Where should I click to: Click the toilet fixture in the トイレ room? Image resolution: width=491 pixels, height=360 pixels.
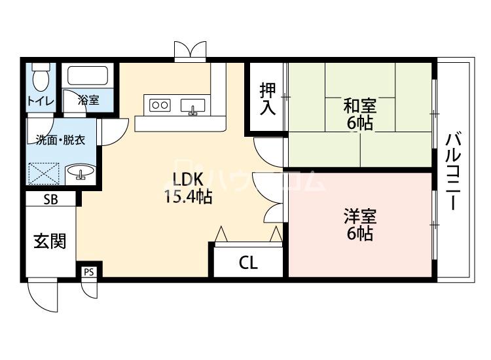pos(41,77)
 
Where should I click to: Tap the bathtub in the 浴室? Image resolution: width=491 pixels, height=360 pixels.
pos(88,75)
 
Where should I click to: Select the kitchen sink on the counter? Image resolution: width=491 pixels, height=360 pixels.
pos(192,105)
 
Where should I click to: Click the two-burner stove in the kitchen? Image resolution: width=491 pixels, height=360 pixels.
pos(160,105)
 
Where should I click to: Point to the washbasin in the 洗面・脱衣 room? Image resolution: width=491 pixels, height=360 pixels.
pos(81,172)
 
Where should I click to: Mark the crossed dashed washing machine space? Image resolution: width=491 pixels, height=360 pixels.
pos(43,173)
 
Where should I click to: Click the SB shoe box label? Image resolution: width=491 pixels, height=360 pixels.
pos(50,200)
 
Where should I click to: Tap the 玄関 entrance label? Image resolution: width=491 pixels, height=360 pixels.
pos(50,241)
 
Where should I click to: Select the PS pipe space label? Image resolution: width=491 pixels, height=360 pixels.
pos(88,272)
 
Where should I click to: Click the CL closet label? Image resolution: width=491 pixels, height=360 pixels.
pos(248,262)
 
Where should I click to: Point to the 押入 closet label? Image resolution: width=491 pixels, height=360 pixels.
pos(268,98)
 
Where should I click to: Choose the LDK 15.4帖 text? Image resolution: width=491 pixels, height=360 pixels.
pos(189,189)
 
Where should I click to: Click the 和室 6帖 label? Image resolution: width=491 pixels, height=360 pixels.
pos(360,114)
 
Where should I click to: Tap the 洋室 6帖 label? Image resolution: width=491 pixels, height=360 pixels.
pos(360,224)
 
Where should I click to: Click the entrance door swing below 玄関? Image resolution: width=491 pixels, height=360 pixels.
pos(43,295)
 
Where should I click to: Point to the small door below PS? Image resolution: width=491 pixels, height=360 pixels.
pos(90,289)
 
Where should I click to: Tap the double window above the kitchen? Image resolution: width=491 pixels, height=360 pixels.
pos(191,50)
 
